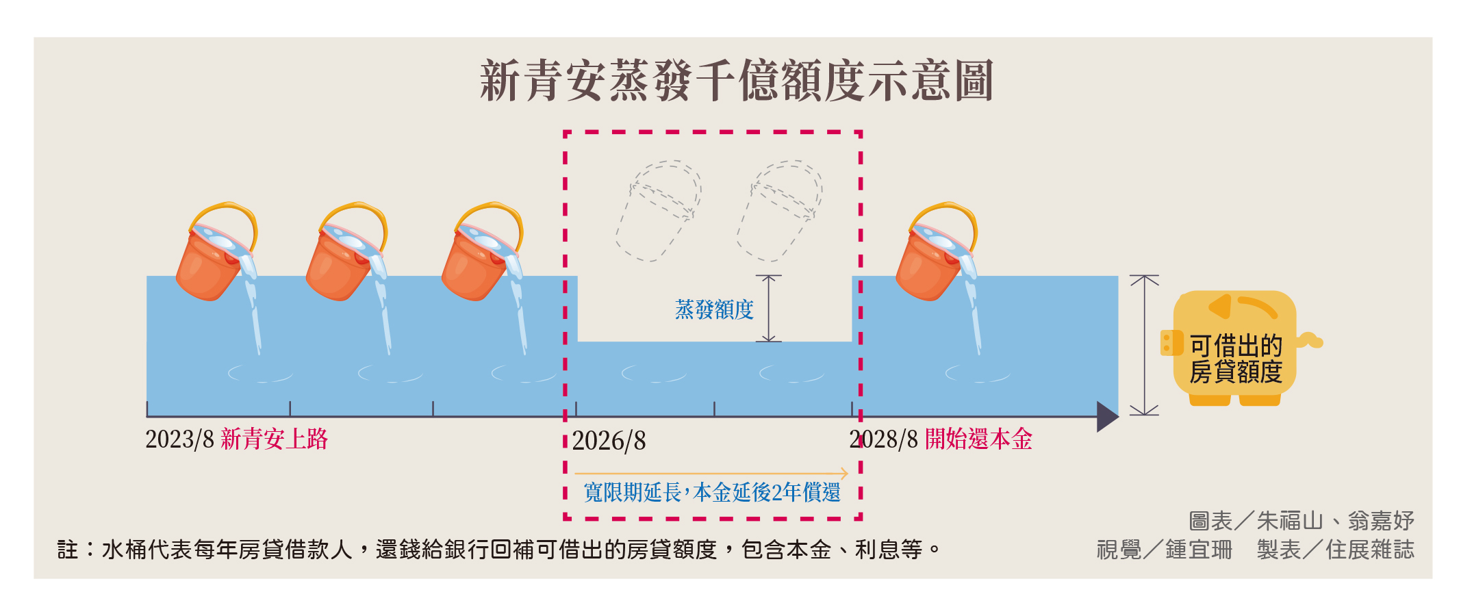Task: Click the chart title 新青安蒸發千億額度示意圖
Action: [737, 81]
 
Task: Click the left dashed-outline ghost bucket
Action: [658, 211]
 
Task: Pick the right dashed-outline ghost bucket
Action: [780, 211]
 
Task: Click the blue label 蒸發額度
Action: [714, 309]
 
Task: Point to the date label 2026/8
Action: [609, 441]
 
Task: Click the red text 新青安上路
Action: [275, 439]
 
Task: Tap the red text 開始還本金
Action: [978, 439]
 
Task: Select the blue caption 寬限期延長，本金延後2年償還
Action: [712, 492]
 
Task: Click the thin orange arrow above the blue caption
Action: [711, 473]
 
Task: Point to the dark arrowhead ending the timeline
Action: [1108, 416]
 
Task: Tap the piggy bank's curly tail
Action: [1310, 340]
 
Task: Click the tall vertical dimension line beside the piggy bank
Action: [1144, 345]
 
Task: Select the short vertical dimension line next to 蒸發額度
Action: [769, 308]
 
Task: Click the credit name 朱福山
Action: [1290, 522]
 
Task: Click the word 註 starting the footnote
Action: [68, 550]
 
